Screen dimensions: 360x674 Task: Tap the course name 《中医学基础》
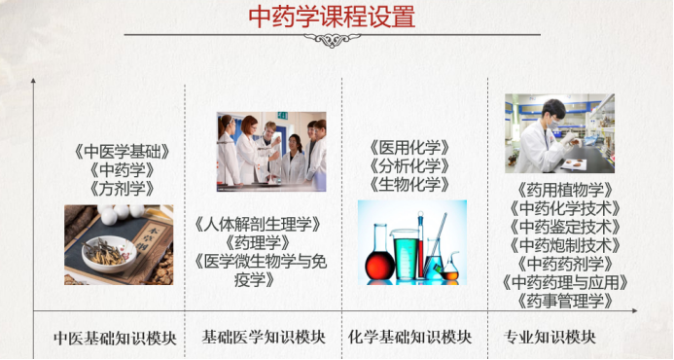(122, 152)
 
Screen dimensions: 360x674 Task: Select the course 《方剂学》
(122, 188)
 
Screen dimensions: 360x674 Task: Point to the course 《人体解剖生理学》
(259, 224)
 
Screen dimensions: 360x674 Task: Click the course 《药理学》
(258, 242)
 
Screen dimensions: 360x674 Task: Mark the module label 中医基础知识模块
(115, 338)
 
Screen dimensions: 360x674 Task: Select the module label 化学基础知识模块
(409, 337)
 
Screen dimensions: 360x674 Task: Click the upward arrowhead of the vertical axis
(33, 82)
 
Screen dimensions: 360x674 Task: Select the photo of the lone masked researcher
(559, 133)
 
